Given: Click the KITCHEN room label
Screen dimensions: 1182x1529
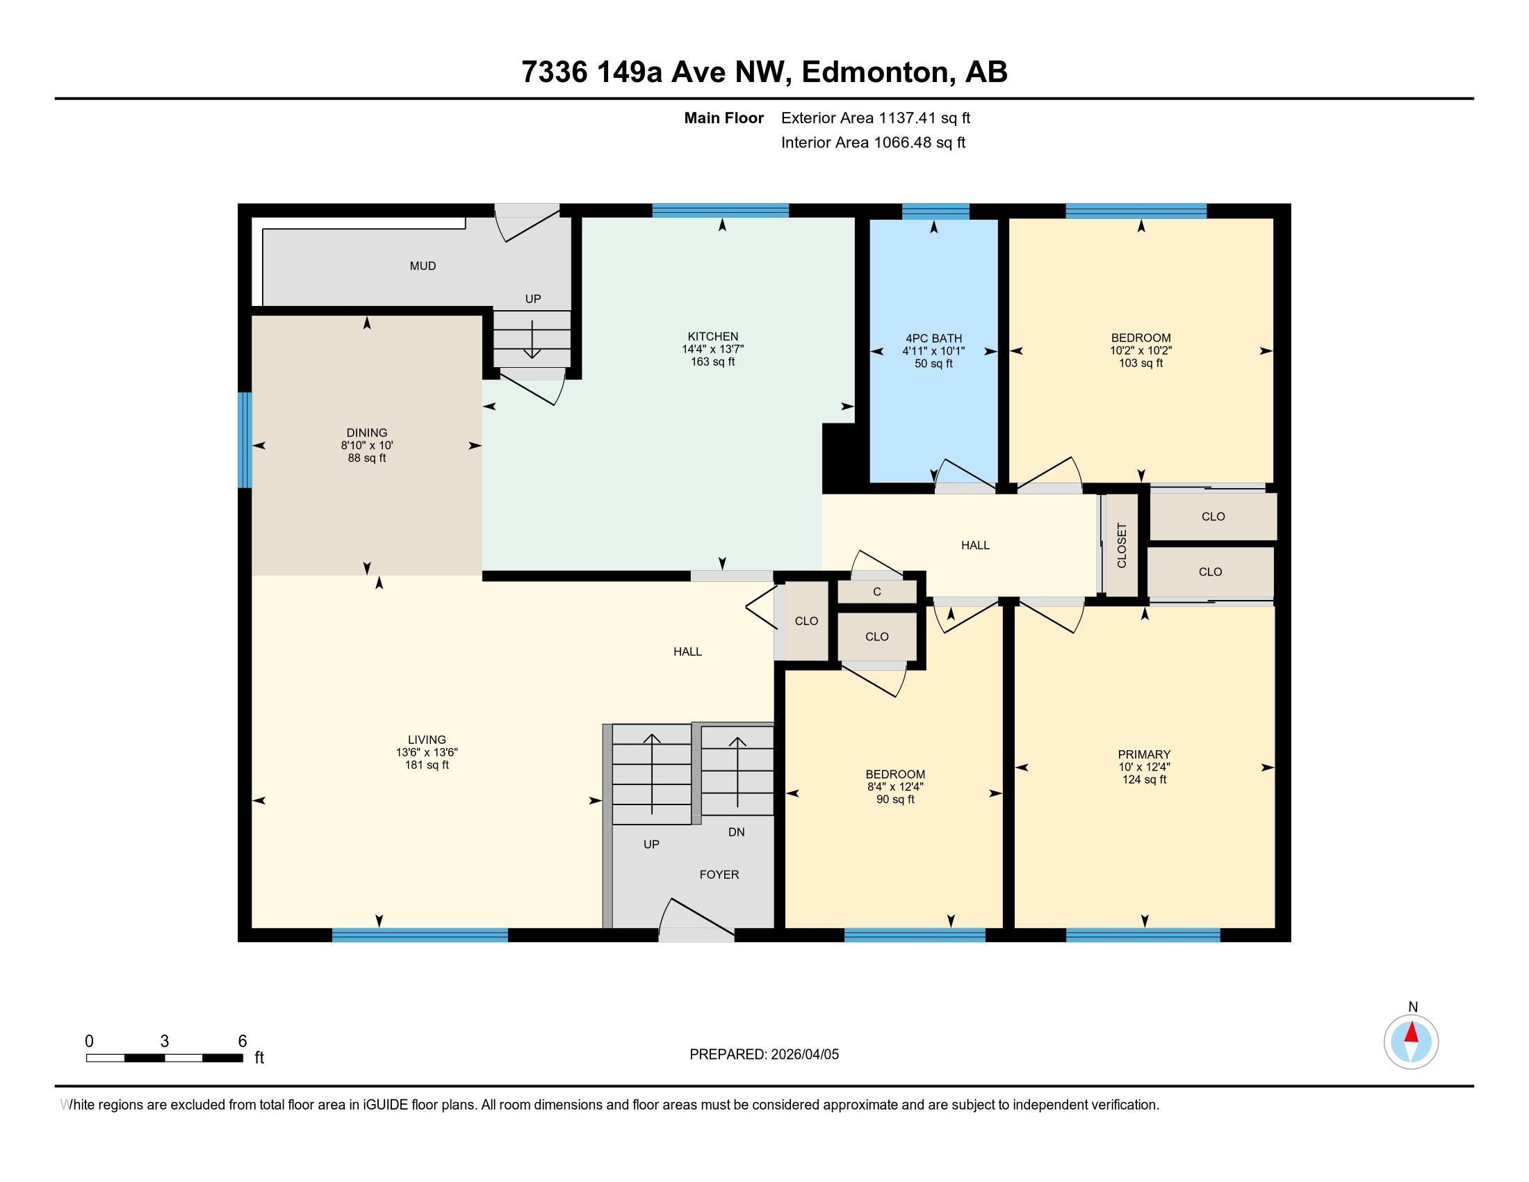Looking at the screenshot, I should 712,337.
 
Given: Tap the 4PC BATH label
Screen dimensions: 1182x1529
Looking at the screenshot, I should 933,339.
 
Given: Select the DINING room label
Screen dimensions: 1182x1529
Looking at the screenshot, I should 366,432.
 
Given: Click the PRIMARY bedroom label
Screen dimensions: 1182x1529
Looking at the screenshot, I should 1144,754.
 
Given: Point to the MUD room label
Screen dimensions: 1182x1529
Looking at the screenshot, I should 423,266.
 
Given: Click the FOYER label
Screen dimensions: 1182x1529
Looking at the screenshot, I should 719,875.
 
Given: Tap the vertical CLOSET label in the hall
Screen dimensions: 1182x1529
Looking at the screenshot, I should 1122,546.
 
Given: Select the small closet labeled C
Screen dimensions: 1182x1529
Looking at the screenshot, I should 876,592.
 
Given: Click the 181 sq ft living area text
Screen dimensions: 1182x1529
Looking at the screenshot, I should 426,766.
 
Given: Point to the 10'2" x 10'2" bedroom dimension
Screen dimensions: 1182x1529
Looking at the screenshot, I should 1140,351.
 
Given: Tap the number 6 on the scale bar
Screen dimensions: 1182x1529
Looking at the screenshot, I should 243,1042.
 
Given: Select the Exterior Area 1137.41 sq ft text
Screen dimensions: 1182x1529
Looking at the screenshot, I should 875,118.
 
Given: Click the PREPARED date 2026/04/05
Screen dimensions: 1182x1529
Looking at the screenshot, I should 803,1055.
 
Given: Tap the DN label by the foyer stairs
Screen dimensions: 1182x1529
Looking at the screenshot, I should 736,832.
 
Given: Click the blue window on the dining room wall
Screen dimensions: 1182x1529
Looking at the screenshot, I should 245,439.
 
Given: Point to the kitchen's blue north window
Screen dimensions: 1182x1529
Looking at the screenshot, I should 721,210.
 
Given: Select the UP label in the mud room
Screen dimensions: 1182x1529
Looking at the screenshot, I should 533,299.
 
